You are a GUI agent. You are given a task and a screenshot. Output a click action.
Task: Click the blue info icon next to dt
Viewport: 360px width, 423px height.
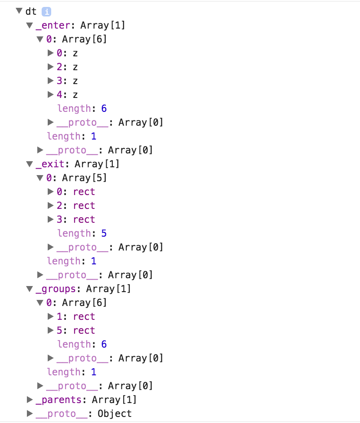tap(46, 12)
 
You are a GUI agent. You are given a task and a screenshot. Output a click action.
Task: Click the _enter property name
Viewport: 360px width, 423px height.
tap(53, 26)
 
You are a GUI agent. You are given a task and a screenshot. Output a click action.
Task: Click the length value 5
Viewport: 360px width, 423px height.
tap(104, 234)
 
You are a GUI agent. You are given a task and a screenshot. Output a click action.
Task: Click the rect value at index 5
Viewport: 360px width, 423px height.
tap(84, 331)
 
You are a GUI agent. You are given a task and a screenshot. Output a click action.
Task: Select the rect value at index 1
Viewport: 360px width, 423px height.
tap(84, 317)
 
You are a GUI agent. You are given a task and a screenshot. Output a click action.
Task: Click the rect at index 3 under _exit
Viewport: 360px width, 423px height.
tap(84, 220)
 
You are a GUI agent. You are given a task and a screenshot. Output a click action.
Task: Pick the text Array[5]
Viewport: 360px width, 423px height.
tap(84, 178)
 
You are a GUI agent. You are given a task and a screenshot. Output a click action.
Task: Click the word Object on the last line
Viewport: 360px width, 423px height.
tap(115, 414)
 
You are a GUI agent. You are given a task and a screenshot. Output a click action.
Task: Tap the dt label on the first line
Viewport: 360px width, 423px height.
tap(31, 12)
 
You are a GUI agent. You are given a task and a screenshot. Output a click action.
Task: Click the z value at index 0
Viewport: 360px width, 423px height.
tap(75, 53)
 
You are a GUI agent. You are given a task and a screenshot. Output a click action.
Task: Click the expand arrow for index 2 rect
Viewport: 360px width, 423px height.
tap(51, 206)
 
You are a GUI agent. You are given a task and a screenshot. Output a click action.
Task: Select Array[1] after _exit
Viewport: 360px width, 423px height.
tap(97, 164)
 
